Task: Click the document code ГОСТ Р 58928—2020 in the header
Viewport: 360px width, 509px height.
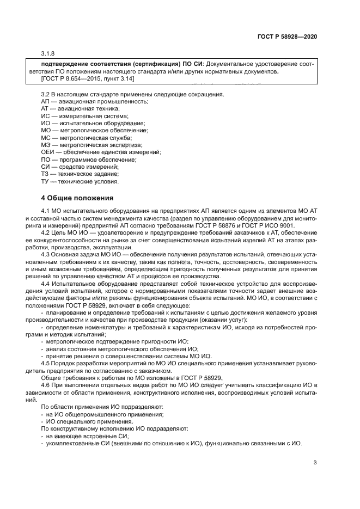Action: coord(287,36)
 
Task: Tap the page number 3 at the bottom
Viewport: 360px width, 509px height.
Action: coord(315,463)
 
